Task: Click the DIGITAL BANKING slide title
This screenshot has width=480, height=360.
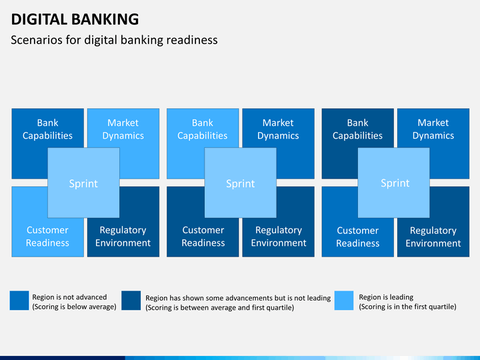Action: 75,19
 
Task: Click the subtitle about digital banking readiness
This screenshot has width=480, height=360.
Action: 114,40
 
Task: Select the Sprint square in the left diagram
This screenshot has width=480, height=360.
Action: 83,183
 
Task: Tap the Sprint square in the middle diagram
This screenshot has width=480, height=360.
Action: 240,183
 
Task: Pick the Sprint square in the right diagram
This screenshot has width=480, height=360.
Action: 394,183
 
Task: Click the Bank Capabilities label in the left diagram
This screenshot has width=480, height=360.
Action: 47,129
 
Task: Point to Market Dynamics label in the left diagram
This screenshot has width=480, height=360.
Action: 123,129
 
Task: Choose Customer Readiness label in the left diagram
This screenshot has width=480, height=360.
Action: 47,236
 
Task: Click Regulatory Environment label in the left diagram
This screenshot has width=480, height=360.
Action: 123,236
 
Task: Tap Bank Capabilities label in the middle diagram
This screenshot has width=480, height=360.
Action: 203,129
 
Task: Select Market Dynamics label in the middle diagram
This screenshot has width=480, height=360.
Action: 278,129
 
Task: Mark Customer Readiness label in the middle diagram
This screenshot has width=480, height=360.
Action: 203,236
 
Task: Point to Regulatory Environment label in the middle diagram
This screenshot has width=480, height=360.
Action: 279,236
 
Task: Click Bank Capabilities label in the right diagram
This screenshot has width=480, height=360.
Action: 357,129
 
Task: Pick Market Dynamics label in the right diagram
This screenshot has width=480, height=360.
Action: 433,129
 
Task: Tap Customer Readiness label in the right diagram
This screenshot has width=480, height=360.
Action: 357,237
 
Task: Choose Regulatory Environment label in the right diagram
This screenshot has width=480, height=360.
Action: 433,237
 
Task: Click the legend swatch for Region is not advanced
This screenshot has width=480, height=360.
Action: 19,300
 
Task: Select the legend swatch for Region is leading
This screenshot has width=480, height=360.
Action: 344,300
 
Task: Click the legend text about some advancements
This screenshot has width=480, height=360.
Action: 238,303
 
